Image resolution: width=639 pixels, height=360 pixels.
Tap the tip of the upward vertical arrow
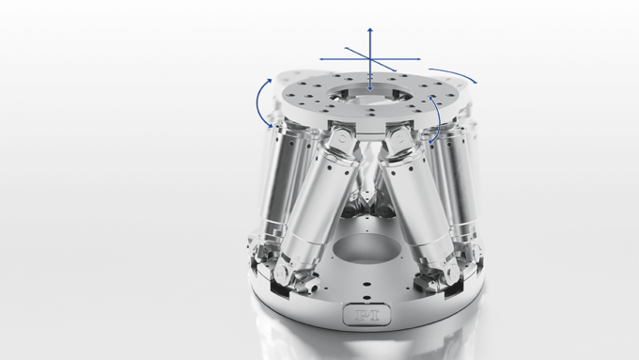point(370,29)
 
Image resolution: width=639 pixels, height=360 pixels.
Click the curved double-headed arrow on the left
point(262,102)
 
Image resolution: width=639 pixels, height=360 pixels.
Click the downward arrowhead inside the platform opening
point(370,88)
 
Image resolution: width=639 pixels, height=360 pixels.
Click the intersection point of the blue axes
point(370,60)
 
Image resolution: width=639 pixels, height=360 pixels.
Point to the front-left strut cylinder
point(311,207)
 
